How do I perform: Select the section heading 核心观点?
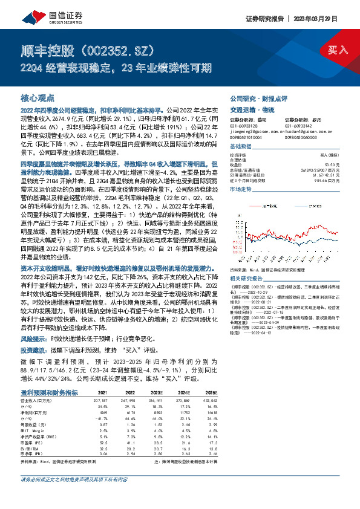(x=38, y=97)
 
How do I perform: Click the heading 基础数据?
(x=240, y=147)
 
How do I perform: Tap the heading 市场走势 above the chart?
(x=240, y=190)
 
